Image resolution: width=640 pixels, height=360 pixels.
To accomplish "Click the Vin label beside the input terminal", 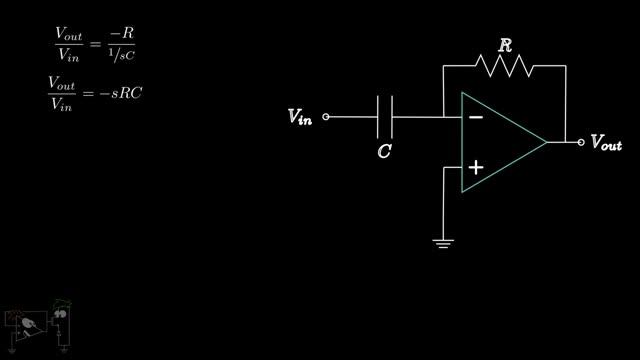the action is coord(300,117).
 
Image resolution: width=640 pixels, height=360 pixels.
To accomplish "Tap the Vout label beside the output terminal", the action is coord(607,142).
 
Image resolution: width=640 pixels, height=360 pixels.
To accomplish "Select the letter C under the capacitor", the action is coord(384,151).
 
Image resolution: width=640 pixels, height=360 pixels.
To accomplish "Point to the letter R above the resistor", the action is coord(505,45).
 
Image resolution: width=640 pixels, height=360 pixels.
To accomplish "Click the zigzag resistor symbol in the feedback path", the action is coord(504,66).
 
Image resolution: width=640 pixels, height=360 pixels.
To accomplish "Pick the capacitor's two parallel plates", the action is coord(385,117).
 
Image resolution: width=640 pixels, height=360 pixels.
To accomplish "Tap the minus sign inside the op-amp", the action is coord(476,118).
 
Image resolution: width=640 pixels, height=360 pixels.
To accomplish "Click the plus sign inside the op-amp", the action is coord(476,167).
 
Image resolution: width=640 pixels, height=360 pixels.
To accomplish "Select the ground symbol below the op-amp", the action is coord(443,244).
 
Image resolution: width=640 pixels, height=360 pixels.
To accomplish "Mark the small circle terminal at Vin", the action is coord(326,117).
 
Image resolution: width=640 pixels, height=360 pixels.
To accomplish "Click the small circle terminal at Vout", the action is coord(581,142).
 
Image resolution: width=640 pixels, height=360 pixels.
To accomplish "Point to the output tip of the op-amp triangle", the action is coord(547,142).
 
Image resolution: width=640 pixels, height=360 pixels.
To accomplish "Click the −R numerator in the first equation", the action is coord(122,33).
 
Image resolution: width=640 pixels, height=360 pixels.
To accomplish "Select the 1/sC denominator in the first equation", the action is coord(122,55).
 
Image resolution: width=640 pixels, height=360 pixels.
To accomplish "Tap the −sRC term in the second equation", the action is coord(121,93).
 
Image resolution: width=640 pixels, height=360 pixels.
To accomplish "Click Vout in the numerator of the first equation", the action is coord(69,33).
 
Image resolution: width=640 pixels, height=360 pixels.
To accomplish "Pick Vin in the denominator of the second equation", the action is coord(62,104).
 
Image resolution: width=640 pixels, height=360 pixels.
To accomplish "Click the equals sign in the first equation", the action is coord(95,43).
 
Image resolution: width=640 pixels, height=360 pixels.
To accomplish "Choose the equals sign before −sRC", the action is coord(88,94).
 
